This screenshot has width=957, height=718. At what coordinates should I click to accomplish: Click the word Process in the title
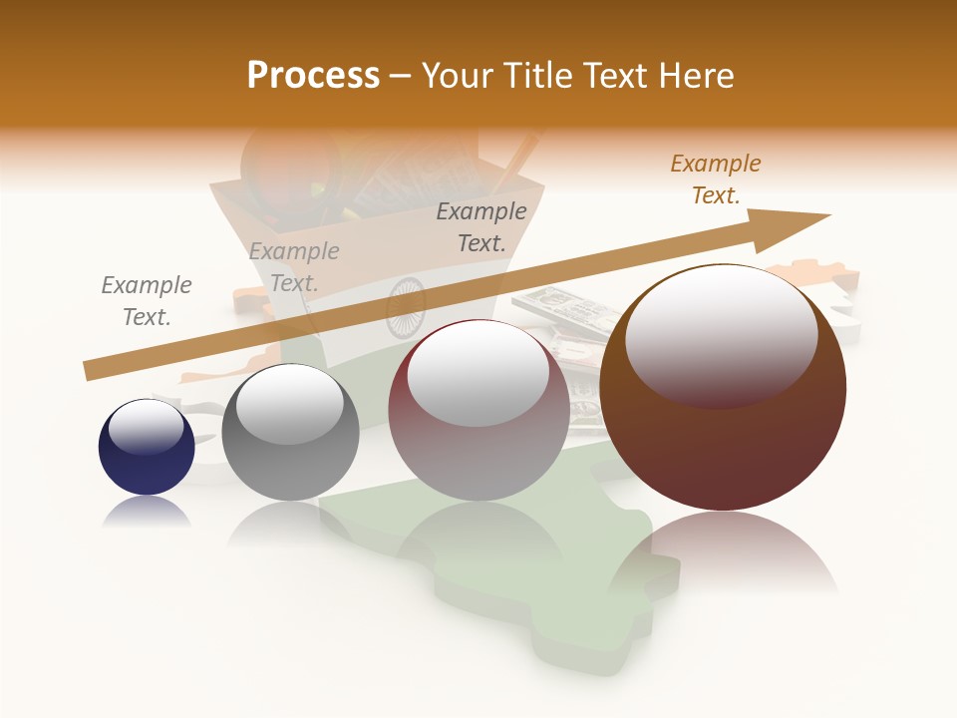coord(313,75)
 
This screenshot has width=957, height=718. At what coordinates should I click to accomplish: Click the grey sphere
coord(290,434)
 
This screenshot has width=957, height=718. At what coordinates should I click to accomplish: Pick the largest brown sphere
coord(723,389)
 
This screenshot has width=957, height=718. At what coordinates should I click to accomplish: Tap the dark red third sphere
coord(478,411)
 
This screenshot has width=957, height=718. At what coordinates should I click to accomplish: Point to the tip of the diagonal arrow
coord(827,215)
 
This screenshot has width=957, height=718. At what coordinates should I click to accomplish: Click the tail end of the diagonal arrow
coord(88,371)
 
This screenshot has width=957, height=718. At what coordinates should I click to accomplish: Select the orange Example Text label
coord(716,179)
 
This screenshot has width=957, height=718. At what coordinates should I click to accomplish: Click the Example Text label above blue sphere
coord(147,301)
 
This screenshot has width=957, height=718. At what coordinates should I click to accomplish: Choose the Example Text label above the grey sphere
coord(294,267)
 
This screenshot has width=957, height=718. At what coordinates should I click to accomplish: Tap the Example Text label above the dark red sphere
coord(481,227)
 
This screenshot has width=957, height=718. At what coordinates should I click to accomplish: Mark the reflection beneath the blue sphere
coord(147,512)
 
